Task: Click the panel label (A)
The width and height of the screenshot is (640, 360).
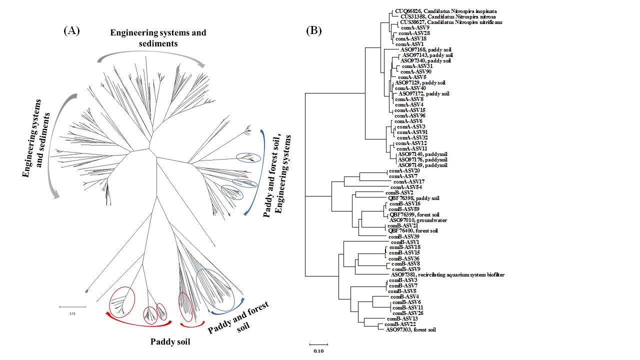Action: pos(72,31)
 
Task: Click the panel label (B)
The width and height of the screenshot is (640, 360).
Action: pos(313,31)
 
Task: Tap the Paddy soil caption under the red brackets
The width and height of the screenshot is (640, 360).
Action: pos(170,342)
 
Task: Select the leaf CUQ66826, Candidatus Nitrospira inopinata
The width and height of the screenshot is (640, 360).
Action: pos(445,11)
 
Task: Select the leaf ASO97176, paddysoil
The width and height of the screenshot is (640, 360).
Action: pos(422,159)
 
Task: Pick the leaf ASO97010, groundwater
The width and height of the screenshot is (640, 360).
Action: pos(418,220)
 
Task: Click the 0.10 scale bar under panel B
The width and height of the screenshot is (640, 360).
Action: pos(318,344)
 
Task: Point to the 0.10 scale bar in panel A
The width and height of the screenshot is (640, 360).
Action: pos(73,306)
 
